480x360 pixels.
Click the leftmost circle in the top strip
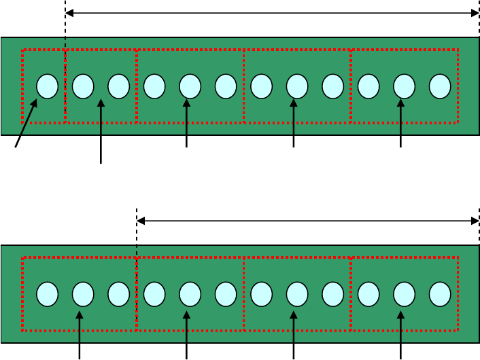[x=47, y=86]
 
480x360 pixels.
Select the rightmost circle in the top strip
[x=440, y=86]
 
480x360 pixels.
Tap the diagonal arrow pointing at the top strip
[x=26, y=123]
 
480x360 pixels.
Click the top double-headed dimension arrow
[x=272, y=13]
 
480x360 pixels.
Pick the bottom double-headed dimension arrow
[x=308, y=221]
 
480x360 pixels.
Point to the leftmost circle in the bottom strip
[x=47, y=294]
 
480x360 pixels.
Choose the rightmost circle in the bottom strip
[x=440, y=294]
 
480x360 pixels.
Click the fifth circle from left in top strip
[x=190, y=86]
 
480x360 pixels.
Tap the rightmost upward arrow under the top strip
[x=400, y=123]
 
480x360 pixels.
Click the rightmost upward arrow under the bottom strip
[x=400, y=335]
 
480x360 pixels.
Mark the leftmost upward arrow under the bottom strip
[x=80, y=335]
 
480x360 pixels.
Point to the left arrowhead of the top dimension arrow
[x=69, y=13]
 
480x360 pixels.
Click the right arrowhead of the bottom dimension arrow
[x=475, y=221]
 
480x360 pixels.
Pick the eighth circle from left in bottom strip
[x=297, y=294]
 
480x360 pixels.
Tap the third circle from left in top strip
[x=118, y=86]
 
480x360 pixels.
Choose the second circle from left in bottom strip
[x=83, y=294]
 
